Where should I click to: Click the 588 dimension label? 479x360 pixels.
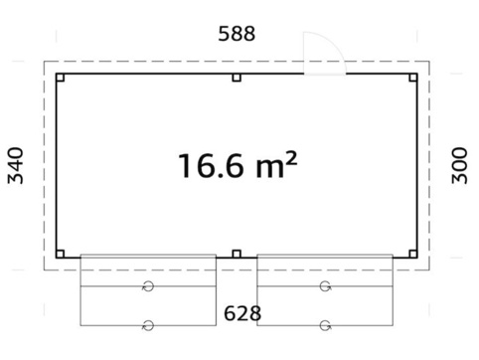click(x=237, y=34)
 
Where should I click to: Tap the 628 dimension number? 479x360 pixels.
click(x=242, y=313)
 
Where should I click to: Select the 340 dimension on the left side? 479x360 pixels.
click(x=16, y=165)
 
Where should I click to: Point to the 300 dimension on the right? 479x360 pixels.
click(x=459, y=165)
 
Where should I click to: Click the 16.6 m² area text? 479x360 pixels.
click(x=238, y=165)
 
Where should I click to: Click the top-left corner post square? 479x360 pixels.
click(x=60, y=78)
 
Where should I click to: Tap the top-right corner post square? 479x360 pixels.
click(x=413, y=78)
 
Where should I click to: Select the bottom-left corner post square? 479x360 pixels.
click(x=60, y=254)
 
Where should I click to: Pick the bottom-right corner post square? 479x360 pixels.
click(x=413, y=254)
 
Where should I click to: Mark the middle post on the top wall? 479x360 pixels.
click(x=237, y=78)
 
